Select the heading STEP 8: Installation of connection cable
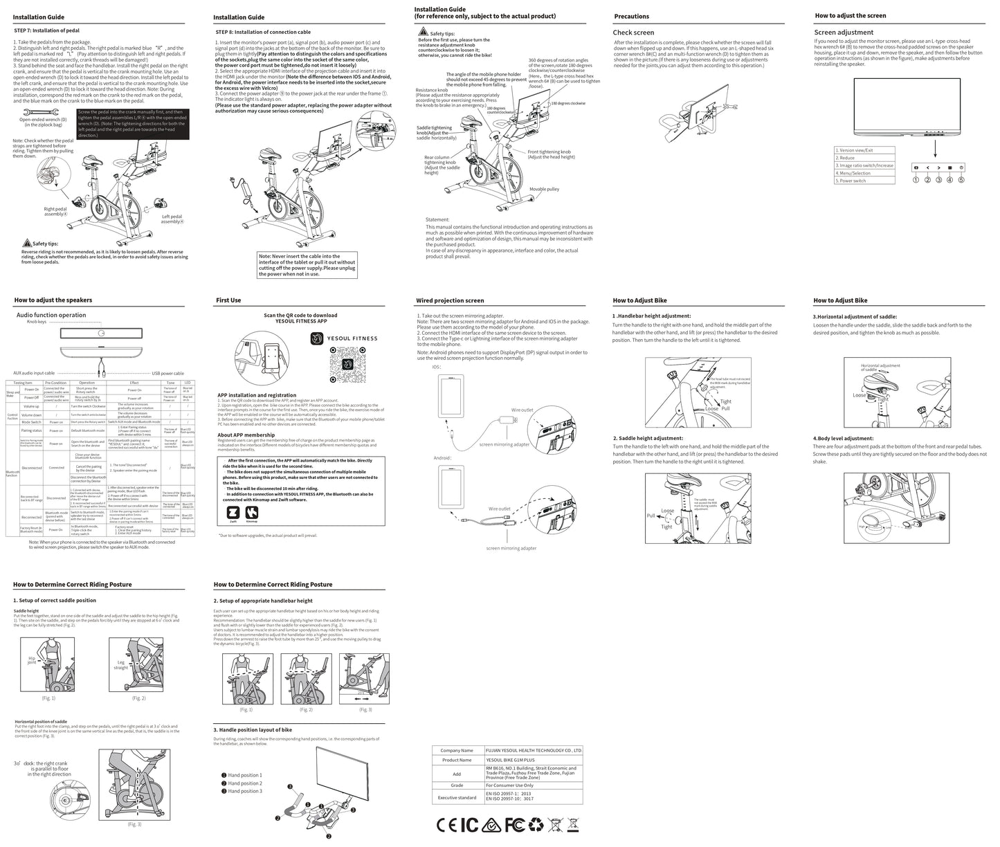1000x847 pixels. [263, 32]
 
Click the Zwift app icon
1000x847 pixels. [234, 513]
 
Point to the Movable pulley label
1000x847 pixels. [544, 189]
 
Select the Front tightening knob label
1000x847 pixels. [549, 152]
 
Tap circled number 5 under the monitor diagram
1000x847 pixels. [961, 180]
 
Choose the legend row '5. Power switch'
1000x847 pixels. [851, 181]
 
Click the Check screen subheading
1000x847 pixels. [633, 33]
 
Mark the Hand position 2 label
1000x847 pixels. [245, 783]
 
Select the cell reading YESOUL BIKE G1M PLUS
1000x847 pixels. [515, 760]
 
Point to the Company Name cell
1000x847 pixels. [456, 750]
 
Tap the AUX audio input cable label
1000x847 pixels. [34, 373]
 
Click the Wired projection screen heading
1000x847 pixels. [450, 300]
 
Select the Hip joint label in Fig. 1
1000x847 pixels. [32, 661]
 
